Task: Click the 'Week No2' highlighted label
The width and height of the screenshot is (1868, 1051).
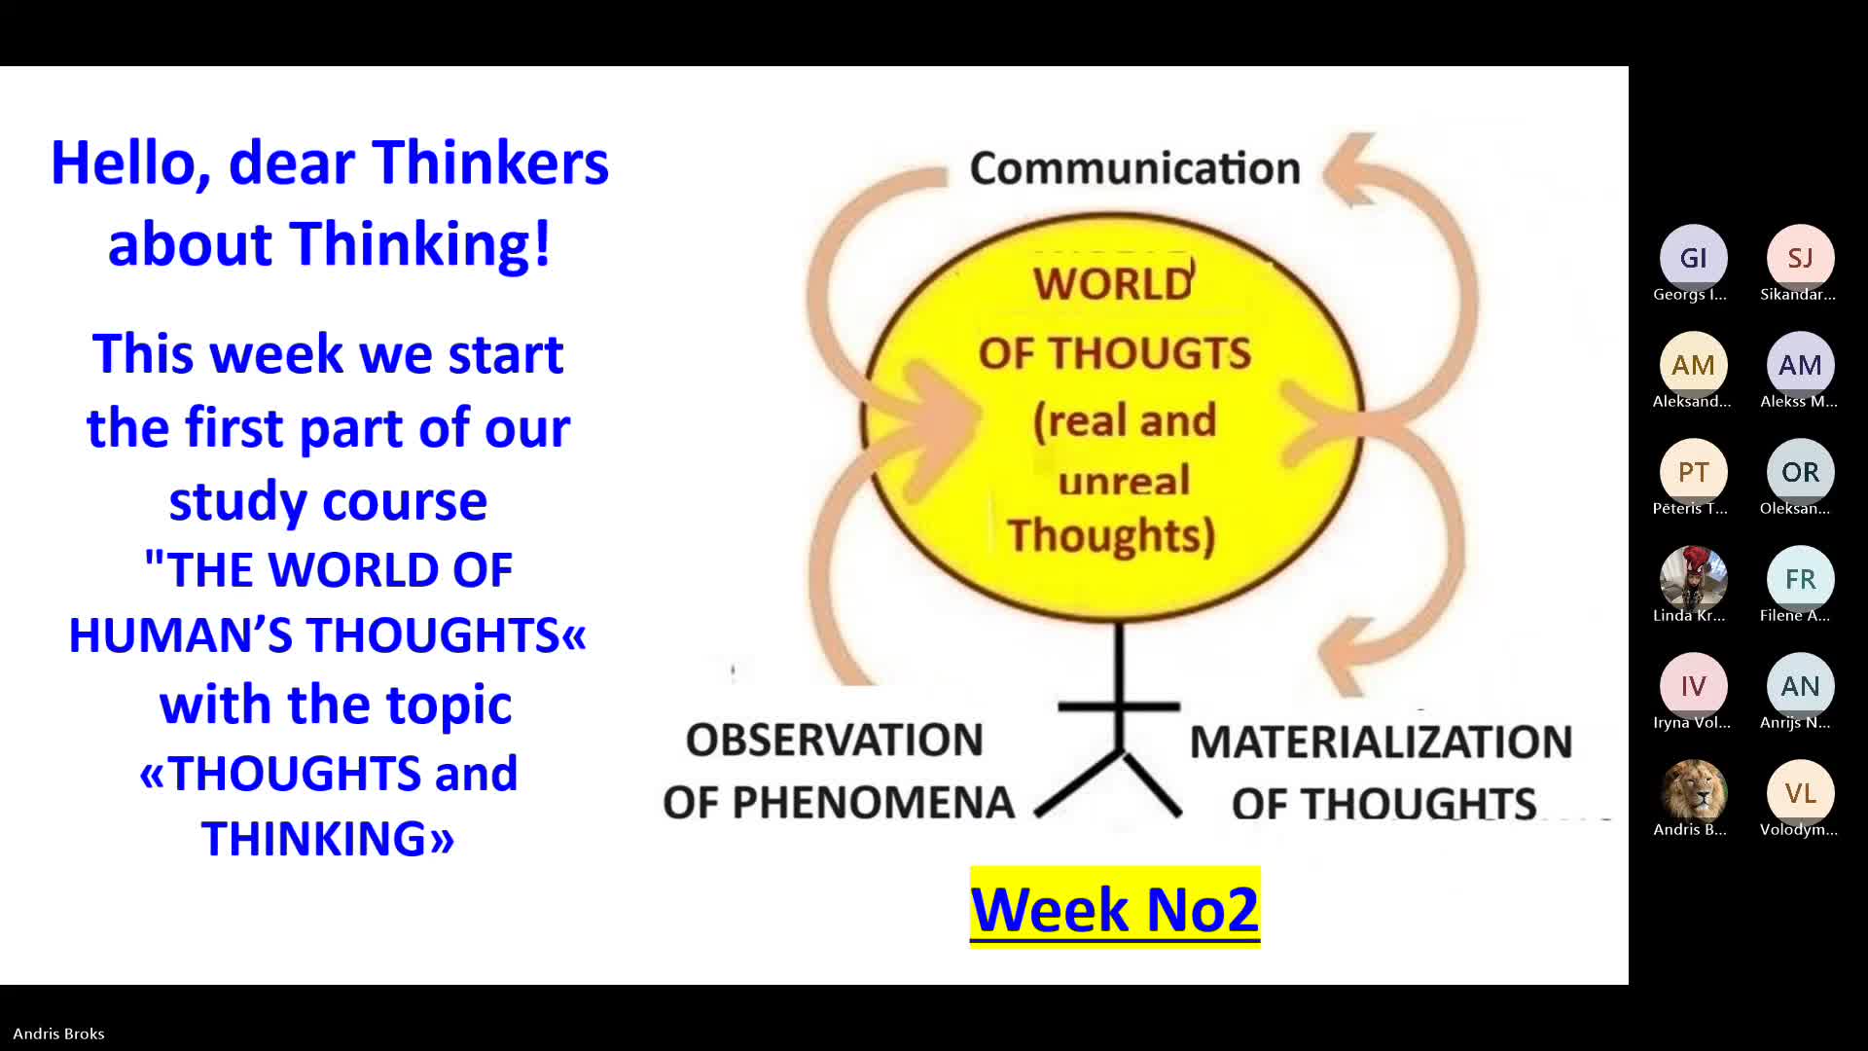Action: click(1115, 908)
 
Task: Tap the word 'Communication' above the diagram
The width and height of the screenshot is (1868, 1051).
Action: click(1135, 168)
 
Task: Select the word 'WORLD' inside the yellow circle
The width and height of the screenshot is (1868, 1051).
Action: click(1113, 283)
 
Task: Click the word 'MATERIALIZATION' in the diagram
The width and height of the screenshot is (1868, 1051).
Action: click(1382, 742)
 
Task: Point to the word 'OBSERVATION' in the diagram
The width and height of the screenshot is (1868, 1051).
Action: click(835, 740)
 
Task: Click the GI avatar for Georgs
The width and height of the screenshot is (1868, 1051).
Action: click(1693, 258)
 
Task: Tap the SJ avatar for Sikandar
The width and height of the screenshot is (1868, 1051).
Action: click(1800, 258)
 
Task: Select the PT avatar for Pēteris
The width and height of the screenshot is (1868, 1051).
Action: click(1693, 472)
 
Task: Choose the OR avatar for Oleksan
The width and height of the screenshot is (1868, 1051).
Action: click(1800, 472)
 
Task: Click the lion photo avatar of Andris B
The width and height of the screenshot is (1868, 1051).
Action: click(1693, 793)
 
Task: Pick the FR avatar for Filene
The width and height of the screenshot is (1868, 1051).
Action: click(1800, 579)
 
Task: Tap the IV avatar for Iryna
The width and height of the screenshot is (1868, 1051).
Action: click(1693, 686)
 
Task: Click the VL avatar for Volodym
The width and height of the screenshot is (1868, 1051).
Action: click(1800, 793)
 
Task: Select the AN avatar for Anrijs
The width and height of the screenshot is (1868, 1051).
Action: click(1800, 686)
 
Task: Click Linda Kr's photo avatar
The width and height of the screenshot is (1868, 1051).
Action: click(1693, 579)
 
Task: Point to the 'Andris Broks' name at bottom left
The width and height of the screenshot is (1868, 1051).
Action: click(58, 1033)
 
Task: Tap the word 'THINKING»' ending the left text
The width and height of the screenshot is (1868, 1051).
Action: click(328, 838)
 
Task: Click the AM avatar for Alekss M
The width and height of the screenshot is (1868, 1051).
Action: click(1800, 365)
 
